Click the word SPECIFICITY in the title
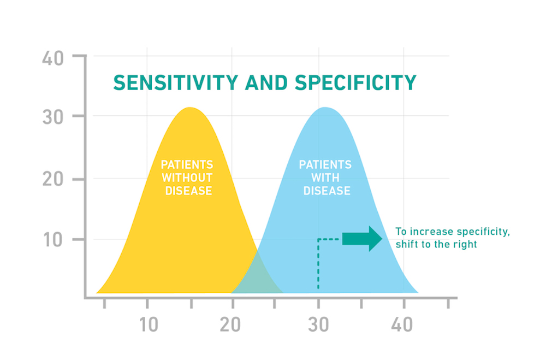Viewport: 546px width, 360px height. coord(355,82)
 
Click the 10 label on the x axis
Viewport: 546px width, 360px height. coord(148,324)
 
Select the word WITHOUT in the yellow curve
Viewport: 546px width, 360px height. coord(186,178)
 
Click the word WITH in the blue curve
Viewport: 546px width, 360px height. coord(325,178)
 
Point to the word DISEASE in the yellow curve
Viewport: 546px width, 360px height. coord(186,191)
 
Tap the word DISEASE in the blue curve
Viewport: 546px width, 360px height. coord(327,191)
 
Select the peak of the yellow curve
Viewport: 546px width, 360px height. coord(189,109)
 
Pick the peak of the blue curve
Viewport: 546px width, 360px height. coord(325,109)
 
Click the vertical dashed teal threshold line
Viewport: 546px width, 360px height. coord(318,268)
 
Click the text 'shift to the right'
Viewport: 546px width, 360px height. coord(436,244)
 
